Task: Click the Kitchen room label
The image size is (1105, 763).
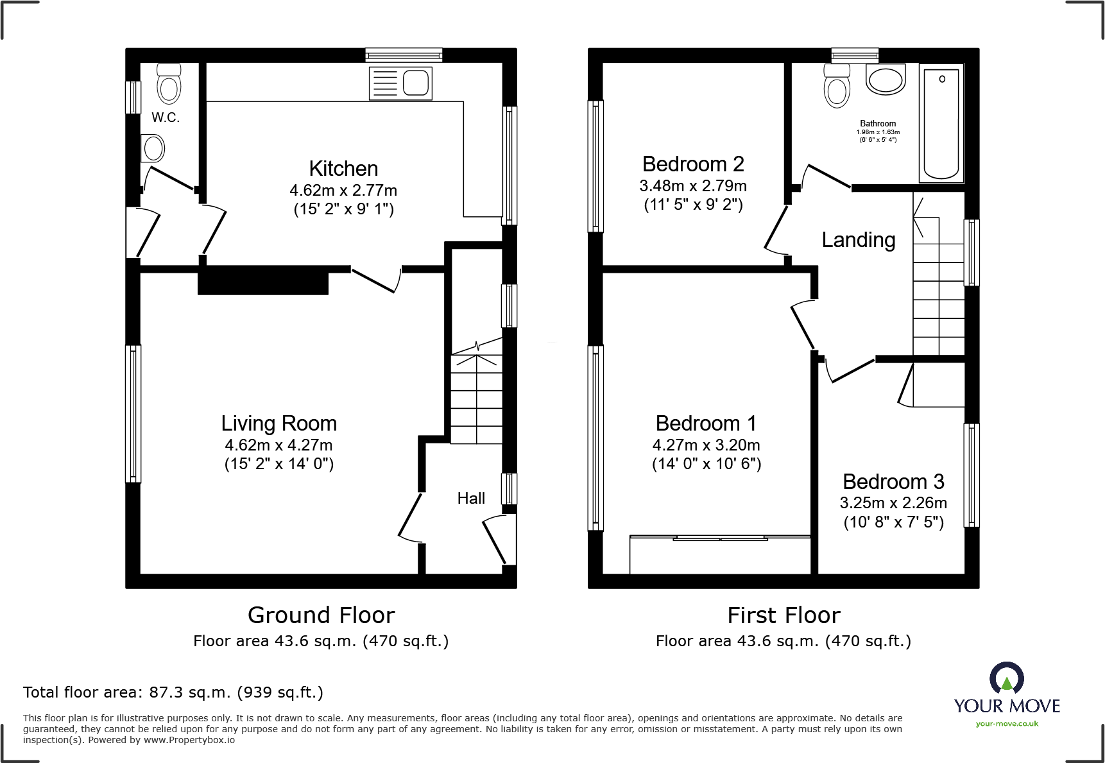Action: click(x=343, y=169)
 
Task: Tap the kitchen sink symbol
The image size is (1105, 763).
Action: click(x=400, y=83)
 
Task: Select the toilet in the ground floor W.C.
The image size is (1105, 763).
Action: click(x=169, y=85)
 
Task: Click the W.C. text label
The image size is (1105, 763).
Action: click(x=166, y=117)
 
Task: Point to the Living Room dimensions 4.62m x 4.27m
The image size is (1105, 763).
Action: click(x=278, y=445)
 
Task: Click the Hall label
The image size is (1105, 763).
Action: click(x=471, y=498)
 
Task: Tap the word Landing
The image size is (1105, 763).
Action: click(x=858, y=240)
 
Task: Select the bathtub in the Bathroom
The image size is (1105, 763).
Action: click(x=941, y=124)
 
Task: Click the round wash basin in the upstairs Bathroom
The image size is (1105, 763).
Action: click(x=886, y=80)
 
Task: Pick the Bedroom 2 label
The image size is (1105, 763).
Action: click(x=693, y=164)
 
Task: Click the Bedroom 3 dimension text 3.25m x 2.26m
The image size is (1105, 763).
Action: click(x=893, y=502)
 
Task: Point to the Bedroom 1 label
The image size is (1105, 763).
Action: click(x=706, y=424)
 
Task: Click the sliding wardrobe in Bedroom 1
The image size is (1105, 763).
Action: click(x=720, y=554)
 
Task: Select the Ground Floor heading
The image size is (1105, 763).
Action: click(x=321, y=615)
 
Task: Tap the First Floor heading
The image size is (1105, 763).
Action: click(x=784, y=615)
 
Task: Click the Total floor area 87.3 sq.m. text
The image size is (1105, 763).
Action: click(x=173, y=692)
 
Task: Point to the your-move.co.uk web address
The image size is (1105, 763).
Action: click(x=1006, y=724)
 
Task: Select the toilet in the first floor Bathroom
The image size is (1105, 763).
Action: click(x=837, y=86)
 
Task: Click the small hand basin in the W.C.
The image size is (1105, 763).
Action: click(x=153, y=148)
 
